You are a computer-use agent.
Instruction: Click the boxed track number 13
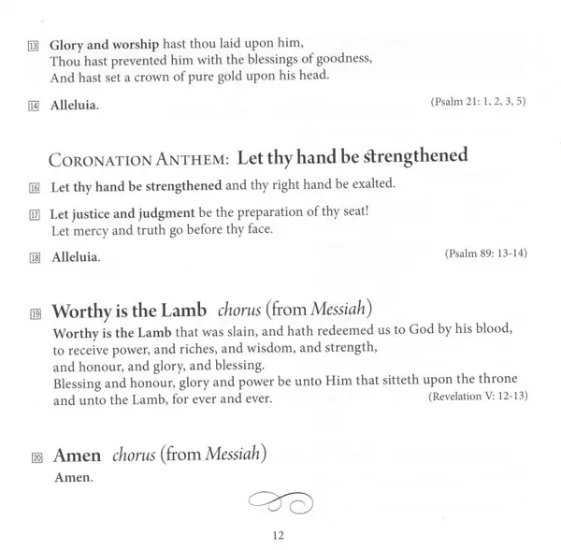[x=34, y=44]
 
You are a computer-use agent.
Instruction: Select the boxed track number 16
[x=34, y=185]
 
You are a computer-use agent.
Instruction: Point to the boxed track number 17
[x=34, y=212]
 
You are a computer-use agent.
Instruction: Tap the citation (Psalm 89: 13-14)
[x=488, y=253]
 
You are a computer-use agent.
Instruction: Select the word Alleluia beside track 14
[x=74, y=107]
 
